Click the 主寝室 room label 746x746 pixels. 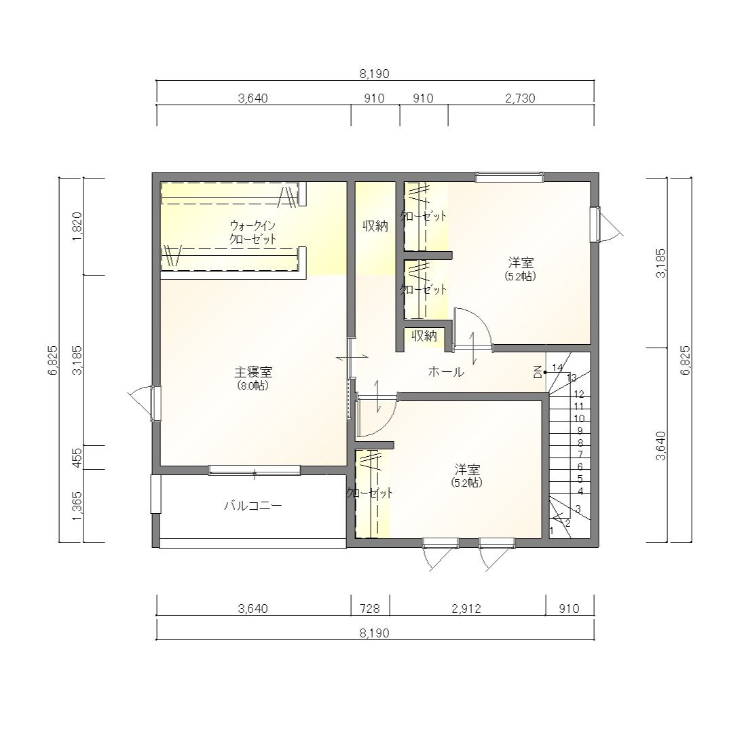point(253,371)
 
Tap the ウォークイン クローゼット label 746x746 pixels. point(253,232)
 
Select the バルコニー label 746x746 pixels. point(253,505)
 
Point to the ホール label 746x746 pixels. point(446,371)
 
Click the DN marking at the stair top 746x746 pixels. point(538,372)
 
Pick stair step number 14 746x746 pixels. point(557,367)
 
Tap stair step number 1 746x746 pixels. point(552,529)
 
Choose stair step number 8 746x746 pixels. point(580,443)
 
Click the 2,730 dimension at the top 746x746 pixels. point(521,98)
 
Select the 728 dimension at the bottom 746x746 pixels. point(370,608)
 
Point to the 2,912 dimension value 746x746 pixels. point(467,608)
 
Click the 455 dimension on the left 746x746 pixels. point(77,458)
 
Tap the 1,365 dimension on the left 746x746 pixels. point(77,506)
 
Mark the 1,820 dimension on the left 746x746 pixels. point(77,227)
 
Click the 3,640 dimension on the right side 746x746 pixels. point(661,445)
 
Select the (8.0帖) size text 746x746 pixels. point(253,386)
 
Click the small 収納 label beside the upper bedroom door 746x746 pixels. point(424,336)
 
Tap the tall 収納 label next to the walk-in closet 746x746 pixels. point(375,226)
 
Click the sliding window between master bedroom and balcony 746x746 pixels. point(255,470)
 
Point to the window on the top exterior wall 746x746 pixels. point(510,177)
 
